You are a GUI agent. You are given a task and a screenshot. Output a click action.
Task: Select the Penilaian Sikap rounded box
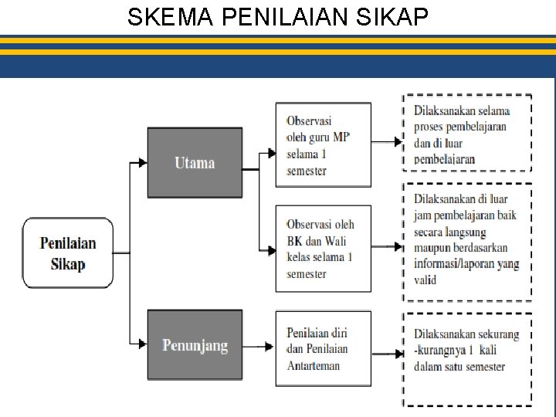(69, 253)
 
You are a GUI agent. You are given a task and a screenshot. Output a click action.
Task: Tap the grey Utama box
(194, 162)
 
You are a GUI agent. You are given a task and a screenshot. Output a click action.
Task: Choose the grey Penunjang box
(194, 344)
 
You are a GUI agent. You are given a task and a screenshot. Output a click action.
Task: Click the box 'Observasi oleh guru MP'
(323, 144)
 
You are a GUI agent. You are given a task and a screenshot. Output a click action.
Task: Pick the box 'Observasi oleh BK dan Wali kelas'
(323, 248)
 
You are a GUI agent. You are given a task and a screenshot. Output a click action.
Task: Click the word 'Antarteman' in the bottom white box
(313, 365)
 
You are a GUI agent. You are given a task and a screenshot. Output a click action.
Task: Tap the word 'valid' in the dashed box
(425, 280)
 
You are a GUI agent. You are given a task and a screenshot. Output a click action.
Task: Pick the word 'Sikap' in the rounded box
(68, 264)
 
